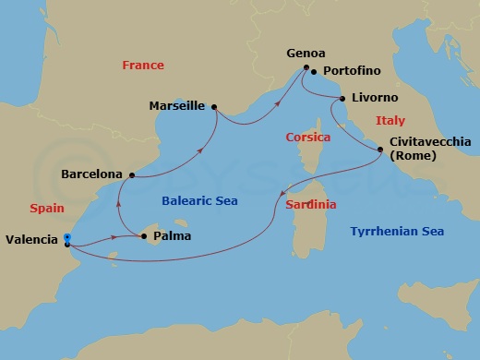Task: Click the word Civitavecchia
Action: (432, 142)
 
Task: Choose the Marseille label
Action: (176, 106)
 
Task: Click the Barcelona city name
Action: (91, 173)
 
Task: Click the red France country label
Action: (143, 66)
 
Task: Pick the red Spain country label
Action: (46, 209)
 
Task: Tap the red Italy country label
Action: (390, 121)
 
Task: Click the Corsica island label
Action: (302, 137)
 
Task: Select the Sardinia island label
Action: (310, 204)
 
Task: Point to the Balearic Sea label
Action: (201, 200)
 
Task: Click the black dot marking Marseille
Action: (215, 106)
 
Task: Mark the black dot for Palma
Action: (144, 237)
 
